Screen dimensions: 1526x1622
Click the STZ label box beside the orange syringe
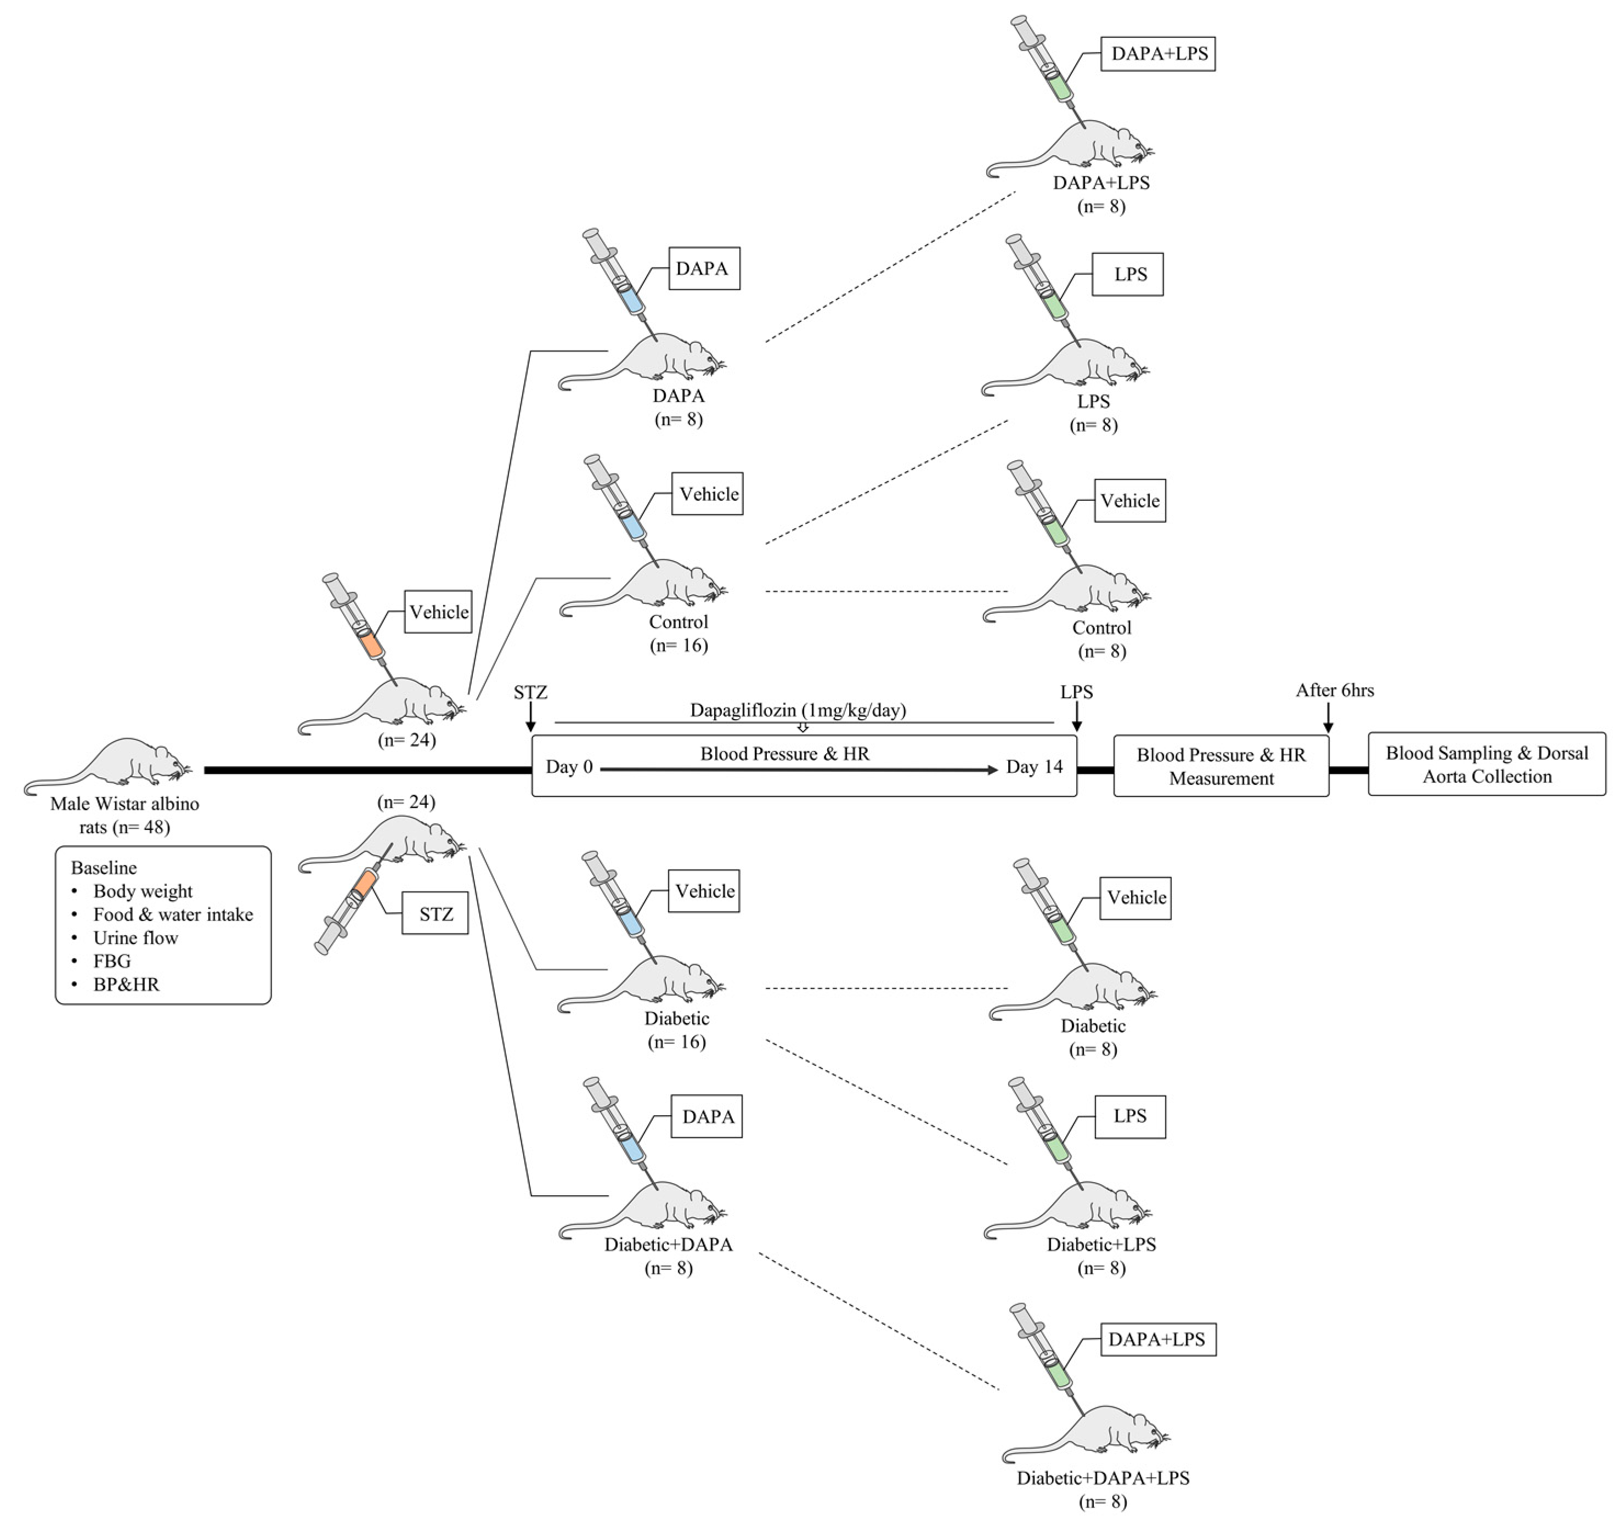point(435,913)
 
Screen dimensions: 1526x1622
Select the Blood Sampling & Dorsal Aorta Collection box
point(1486,765)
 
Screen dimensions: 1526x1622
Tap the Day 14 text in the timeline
point(1034,767)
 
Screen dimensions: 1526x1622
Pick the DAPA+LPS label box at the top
point(1158,54)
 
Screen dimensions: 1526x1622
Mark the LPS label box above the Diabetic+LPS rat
point(1129,1116)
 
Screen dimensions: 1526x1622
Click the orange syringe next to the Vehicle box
point(359,620)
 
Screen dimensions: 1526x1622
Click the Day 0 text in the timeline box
point(569,767)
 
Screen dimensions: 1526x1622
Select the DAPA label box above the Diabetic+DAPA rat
point(708,1116)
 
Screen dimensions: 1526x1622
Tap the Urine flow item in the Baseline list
point(135,937)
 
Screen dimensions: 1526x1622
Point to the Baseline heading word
point(104,867)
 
